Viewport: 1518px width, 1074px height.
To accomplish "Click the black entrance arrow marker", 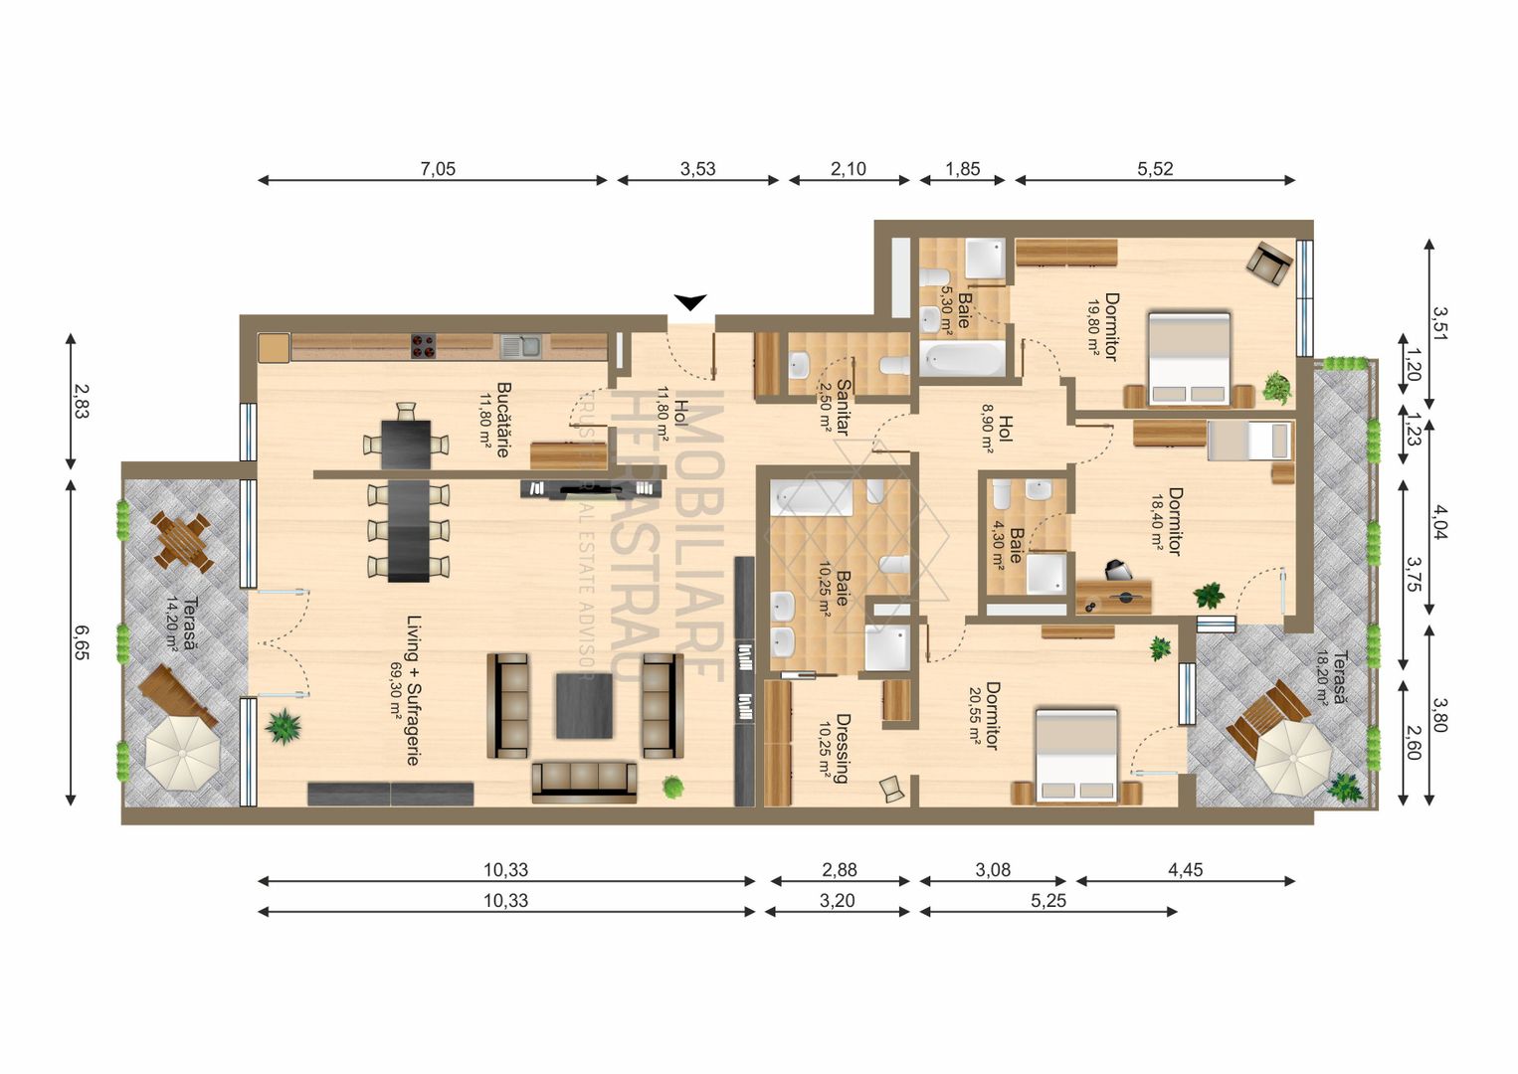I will coord(689,302).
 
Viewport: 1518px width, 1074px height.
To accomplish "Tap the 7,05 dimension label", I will coord(438,169).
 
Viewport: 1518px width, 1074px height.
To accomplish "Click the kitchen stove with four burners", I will coord(424,346).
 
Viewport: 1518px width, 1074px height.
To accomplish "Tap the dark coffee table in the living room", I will coord(584,705).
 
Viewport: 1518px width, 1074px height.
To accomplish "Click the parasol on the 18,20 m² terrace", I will coord(1292,757).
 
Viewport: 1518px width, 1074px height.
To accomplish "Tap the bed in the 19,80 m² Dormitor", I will coord(1189,358).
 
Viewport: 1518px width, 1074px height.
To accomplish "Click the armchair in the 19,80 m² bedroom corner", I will coord(1269,263).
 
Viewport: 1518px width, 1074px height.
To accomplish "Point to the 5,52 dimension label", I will coord(1155,169).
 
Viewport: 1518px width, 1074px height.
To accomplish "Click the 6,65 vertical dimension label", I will coord(81,642).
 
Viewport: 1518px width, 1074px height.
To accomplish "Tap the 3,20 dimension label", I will coord(837,901).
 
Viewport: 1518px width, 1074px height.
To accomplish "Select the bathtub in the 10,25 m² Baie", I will coord(814,497).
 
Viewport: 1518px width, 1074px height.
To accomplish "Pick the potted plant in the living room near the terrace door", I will coord(285,726).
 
